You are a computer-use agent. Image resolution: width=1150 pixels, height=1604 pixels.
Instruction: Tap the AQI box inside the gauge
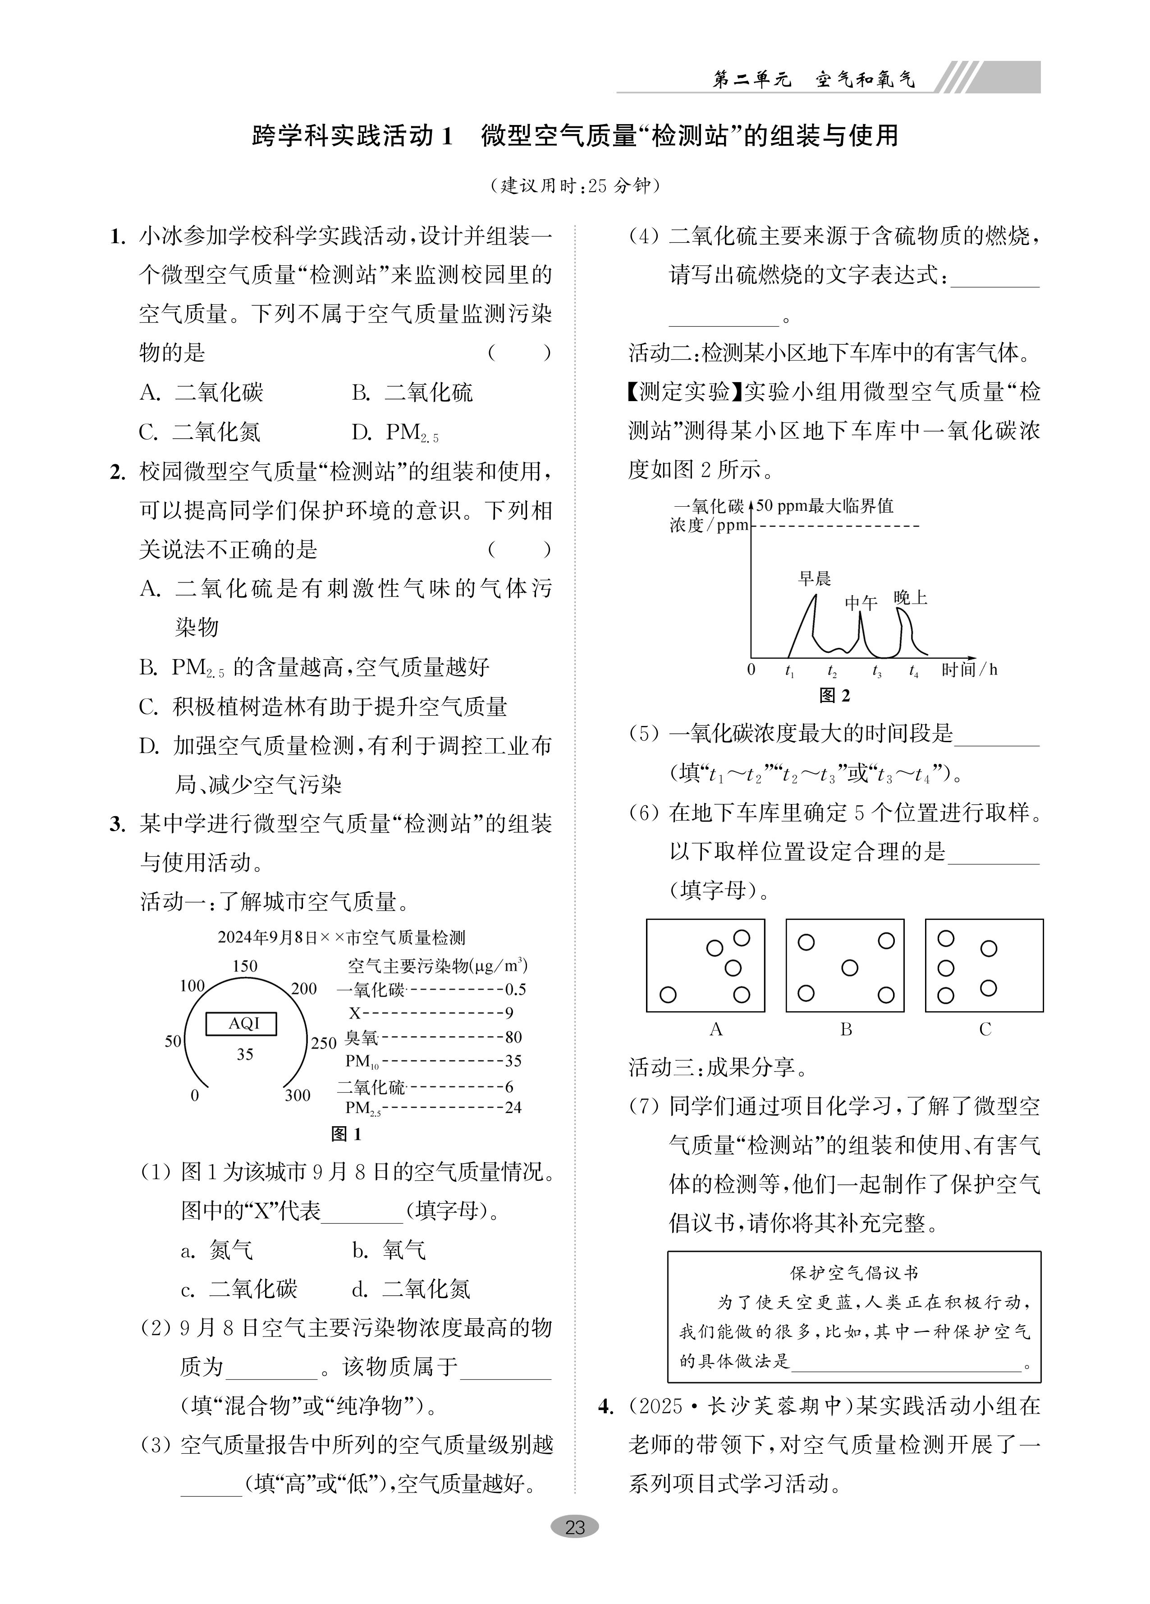(x=241, y=1023)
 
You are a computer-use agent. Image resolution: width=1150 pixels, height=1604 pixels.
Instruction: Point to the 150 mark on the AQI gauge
(x=244, y=966)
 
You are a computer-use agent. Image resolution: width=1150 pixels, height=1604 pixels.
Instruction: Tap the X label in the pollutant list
(x=355, y=1013)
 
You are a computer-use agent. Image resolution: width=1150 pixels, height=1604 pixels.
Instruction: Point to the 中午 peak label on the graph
(x=861, y=602)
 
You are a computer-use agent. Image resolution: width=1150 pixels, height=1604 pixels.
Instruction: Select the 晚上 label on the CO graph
(x=910, y=598)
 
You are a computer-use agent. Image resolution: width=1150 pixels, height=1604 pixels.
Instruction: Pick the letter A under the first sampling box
(x=716, y=1030)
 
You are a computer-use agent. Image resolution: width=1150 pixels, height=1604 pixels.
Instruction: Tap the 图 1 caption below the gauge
(x=346, y=1134)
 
